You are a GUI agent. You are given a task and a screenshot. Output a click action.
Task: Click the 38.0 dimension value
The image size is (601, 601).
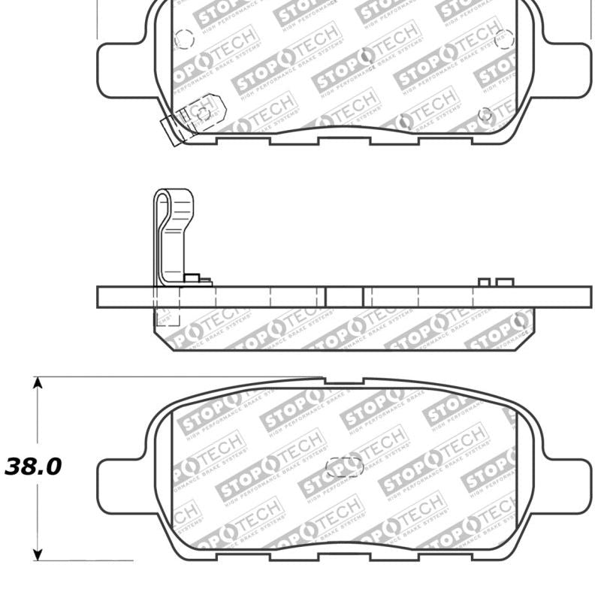tap(33, 467)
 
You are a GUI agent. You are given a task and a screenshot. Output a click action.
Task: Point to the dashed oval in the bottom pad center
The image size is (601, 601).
tap(345, 467)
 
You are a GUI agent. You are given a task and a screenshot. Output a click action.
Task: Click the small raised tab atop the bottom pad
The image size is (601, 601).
tap(343, 382)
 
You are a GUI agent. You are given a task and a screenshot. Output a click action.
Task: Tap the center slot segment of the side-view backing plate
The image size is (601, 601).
tap(345, 297)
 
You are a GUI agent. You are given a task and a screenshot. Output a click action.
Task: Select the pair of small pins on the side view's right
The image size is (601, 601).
tap(496, 282)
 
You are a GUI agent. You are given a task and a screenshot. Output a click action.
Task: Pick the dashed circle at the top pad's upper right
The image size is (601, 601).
tap(504, 36)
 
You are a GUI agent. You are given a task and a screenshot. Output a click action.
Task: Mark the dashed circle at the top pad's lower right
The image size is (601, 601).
tap(487, 115)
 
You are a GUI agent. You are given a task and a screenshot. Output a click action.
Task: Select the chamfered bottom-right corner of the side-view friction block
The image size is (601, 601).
tap(529, 331)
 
